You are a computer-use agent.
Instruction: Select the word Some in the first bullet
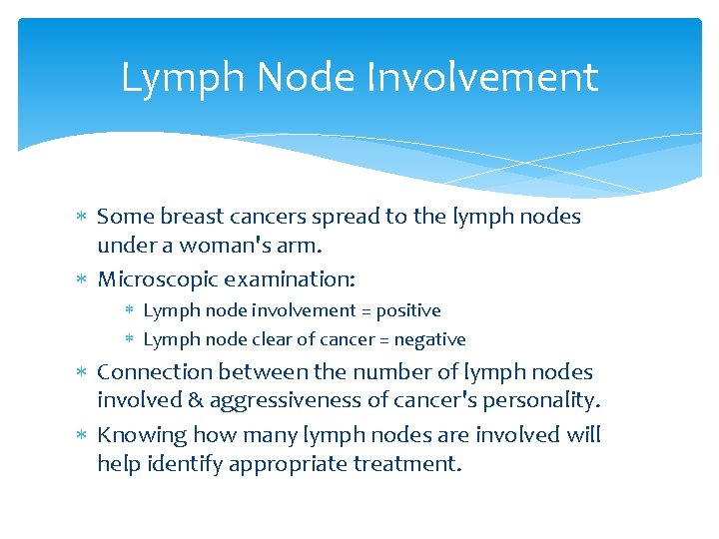pos(125,217)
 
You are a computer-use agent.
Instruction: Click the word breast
pos(193,217)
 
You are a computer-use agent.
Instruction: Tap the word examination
pos(289,277)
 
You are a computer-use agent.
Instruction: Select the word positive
pos(407,310)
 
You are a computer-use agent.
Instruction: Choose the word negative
pos(431,339)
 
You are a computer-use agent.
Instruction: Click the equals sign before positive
pos(363,311)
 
